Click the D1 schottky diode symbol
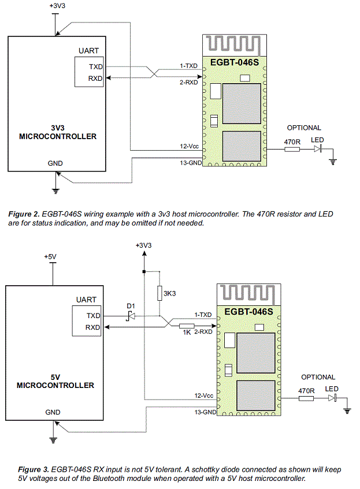click(131, 316)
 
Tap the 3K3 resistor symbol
click(159, 293)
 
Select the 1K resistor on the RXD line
click(187, 326)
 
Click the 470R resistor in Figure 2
click(292, 150)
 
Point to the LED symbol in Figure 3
click(332, 398)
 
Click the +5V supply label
click(50, 257)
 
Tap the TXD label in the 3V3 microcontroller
click(95, 67)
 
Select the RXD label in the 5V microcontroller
click(92, 327)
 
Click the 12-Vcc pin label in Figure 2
click(189, 146)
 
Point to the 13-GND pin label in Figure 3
click(205, 412)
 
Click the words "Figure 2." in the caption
click(24, 214)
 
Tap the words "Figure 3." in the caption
click(34, 469)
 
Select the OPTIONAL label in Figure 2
click(304, 128)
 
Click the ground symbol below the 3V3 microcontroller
click(55, 191)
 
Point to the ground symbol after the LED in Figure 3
click(347, 410)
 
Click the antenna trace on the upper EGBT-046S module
click(233, 44)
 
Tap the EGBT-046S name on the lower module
click(248, 312)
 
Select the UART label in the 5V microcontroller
click(86, 300)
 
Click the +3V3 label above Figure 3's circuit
click(144, 245)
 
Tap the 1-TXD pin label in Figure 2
click(188, 66)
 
